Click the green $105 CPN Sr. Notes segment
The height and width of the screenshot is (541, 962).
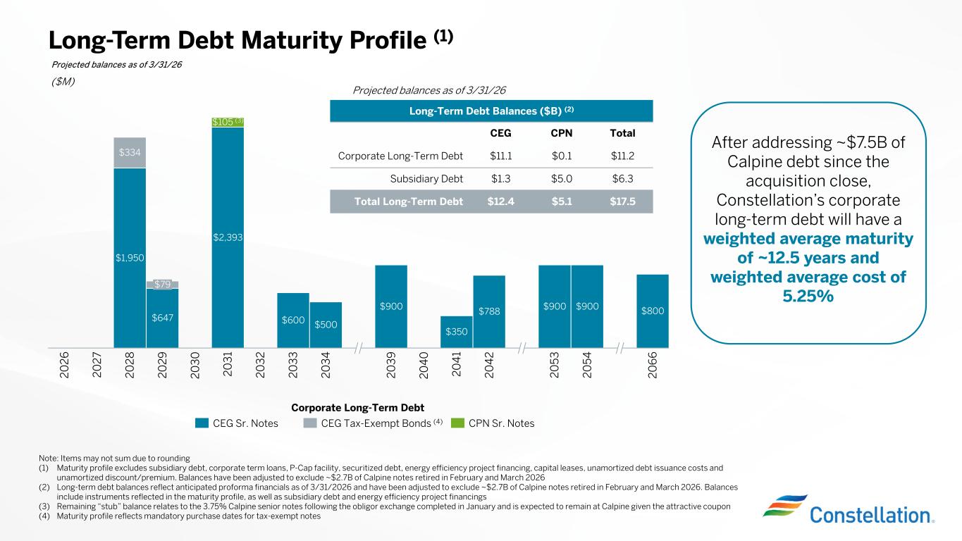(x=228, y=122)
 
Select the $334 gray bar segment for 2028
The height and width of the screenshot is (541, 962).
(x=130, y=152)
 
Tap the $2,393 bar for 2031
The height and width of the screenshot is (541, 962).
(x=228, y=237)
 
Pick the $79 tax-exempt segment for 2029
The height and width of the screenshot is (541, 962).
(x=162, y=284)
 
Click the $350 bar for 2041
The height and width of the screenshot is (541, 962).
(x=457, y=331)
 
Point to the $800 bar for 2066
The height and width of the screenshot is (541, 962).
(x=653, y=311)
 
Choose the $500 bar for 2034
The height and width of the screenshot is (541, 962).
(x=326, y=324)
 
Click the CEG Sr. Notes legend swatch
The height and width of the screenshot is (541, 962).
(x=202, y=423)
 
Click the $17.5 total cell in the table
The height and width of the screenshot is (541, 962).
(x=622, y=201)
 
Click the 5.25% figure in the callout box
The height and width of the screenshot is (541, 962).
(x=808, y=296)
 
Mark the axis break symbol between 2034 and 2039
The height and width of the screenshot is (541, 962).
(x=358, y=347)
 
